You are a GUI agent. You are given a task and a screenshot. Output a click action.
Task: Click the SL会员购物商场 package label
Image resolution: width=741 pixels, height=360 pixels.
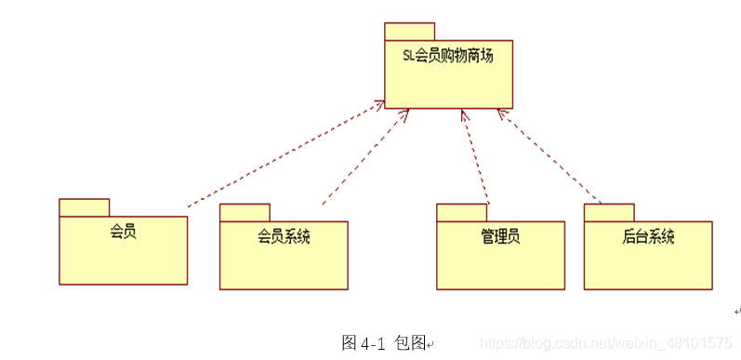click(447, 56)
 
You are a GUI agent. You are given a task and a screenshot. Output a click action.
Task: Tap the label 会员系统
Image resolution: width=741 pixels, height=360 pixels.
click(284, 236)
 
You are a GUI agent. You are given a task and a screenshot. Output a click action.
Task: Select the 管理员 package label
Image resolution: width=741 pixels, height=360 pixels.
click(500, 236)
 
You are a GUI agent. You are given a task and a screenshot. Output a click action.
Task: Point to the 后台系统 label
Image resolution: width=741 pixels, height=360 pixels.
click(648, 236)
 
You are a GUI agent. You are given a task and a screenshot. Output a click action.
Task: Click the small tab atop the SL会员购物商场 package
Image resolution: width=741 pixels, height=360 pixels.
click(409, 32)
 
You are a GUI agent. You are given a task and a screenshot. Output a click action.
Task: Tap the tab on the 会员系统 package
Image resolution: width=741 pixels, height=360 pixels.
click(245, 212)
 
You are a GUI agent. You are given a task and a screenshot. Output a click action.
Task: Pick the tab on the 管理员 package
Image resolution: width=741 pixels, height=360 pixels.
click(461, 212)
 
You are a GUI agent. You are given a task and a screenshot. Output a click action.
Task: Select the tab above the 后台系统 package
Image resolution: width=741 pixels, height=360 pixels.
click(609, 212)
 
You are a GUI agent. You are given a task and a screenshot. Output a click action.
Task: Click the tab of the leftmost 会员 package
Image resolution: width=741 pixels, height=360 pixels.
click(84, 207)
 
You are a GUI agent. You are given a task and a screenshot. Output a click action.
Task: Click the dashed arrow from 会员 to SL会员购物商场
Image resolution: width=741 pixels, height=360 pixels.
click(279, 156)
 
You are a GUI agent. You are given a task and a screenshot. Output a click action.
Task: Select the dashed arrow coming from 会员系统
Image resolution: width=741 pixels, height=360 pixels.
click(363, 158)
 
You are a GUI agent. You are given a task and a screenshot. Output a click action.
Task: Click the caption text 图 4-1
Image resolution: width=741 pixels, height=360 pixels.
click(364, 342)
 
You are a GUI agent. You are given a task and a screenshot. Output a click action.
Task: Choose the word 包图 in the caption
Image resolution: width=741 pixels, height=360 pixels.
click(410, 342)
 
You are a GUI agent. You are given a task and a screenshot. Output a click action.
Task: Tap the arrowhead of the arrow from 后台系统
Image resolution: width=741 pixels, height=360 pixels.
click(500, 113)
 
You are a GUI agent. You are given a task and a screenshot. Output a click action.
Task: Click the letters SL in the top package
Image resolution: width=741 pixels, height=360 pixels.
click(409, 56)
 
